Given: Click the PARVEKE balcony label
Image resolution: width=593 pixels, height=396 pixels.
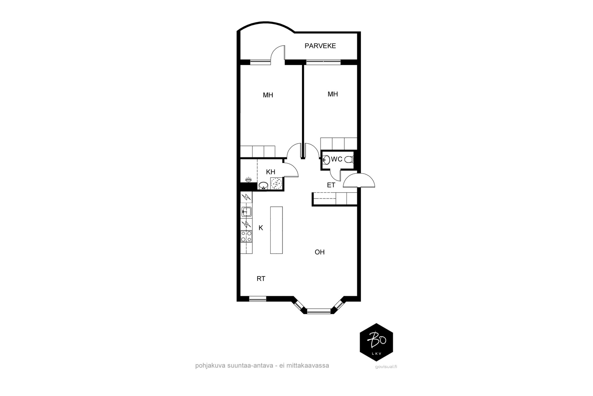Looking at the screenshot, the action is [320, 46].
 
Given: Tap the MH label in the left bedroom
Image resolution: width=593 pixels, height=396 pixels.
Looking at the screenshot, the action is [268, 95].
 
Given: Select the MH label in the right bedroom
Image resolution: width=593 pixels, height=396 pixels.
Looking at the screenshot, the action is [333, 94].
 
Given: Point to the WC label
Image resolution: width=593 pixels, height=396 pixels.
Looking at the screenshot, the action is [337, 159].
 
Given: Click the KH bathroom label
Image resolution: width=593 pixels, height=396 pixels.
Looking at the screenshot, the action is [271, 172].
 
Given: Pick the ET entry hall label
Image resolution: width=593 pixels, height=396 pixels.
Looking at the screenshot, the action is [331, 185].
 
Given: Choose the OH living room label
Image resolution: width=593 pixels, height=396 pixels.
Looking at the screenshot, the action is [319, 252].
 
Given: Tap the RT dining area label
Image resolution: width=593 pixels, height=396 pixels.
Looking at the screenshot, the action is [261, 279].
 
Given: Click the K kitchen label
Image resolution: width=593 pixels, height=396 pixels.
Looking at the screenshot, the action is [261, 228].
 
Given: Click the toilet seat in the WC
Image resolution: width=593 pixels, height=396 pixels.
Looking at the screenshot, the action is [349, 160].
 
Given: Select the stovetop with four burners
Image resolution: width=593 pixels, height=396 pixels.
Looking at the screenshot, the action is [246, 236].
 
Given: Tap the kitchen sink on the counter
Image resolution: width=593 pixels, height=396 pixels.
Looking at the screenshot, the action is [246, 212].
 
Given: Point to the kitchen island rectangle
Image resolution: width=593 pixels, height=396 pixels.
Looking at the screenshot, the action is [276, 230].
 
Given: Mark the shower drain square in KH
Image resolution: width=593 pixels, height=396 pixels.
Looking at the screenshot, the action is [276, 183].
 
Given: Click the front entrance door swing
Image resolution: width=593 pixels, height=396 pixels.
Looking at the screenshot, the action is [359, 180].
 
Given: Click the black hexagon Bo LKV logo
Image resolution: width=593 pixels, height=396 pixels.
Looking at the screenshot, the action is [377, 342].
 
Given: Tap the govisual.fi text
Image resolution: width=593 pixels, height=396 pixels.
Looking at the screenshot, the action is [386, 367].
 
